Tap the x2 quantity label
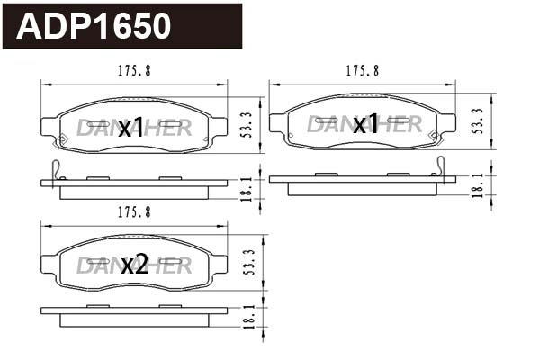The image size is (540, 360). click(133, 264)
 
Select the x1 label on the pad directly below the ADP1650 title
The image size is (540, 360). click(131, 127)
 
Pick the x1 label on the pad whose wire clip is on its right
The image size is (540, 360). click(364, 124)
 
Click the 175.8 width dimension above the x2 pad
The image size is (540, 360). click(134, 211)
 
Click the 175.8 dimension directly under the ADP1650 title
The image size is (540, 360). click(134, 72)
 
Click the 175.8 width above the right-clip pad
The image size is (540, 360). click(363, 70)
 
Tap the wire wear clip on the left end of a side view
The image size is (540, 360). click(56, 168)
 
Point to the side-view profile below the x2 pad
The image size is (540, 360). click(134, 315)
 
